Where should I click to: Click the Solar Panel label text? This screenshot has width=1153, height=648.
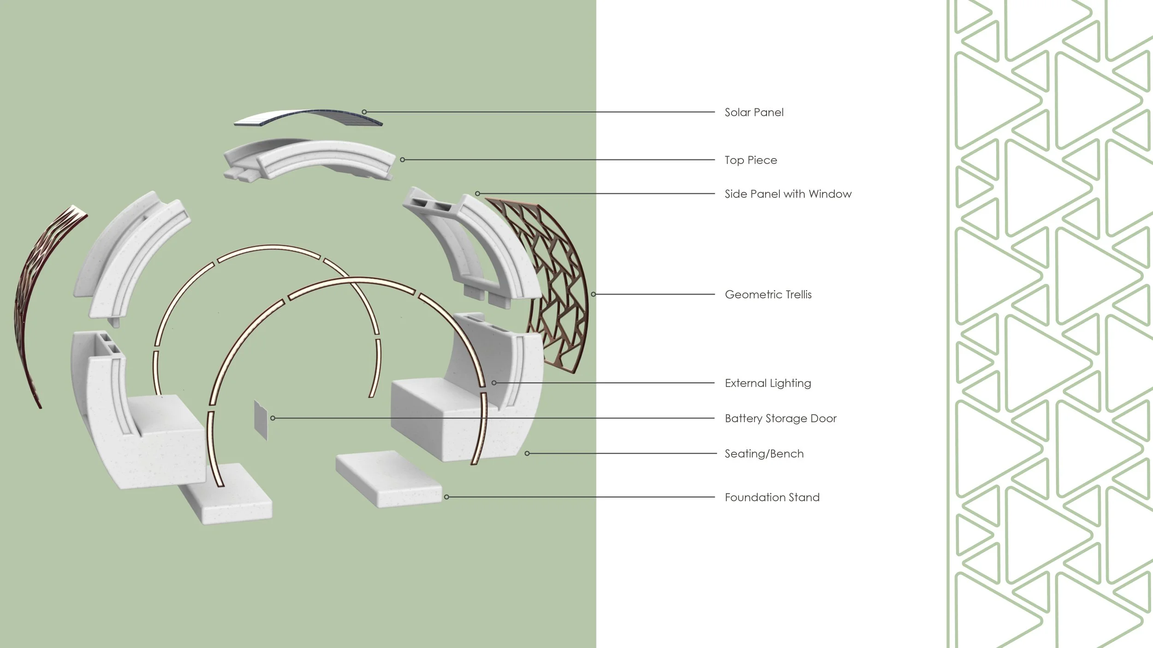point(754,112)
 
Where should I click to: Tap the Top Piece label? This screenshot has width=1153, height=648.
point(750,160)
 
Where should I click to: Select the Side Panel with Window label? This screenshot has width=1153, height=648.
point(788,194)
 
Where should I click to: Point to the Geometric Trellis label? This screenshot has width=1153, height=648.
point(768,295)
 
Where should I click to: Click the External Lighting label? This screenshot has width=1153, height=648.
point(767,383)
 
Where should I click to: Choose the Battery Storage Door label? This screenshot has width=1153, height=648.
point(780,418)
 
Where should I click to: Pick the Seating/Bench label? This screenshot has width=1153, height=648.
point(764,454)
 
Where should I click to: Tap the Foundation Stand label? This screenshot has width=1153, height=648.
point(772,497)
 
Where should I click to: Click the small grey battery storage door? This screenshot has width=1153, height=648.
point(261,419)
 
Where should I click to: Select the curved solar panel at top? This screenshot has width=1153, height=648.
point(308,118)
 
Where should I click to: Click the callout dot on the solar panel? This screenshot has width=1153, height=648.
point(364,112)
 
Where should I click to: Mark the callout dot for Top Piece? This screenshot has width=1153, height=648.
point(403,160)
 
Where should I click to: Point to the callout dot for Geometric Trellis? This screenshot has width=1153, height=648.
point(594,294)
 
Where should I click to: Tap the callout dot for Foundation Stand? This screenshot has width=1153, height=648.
point(446,497)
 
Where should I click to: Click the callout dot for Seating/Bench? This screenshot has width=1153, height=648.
point(527,454)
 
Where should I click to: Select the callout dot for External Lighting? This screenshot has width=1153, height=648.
point(494,383)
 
